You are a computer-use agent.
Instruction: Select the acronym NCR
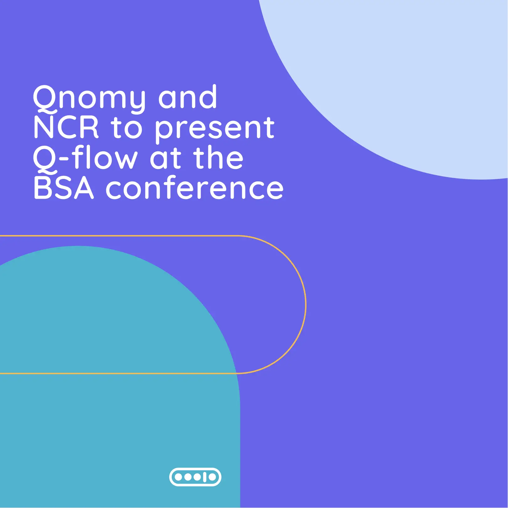(x=66, y=127)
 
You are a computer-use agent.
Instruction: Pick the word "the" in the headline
(x=218, y=158)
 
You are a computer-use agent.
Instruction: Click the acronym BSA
(x=64, y=188)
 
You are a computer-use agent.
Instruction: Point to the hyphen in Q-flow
(x=63, y=159)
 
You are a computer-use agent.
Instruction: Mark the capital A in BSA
(x=84, y=188)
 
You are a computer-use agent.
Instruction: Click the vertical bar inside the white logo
(x=205, y=477)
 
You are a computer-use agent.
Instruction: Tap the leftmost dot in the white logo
(x=178, y=477)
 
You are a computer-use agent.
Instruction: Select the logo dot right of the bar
(x=212, y=477)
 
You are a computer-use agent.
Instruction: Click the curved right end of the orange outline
(x=306, y=305)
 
